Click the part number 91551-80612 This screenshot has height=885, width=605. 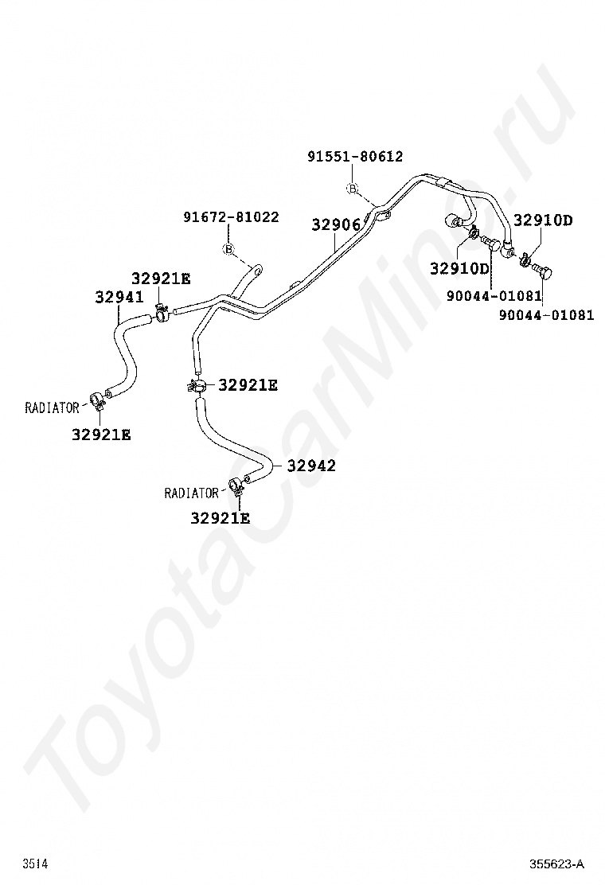pos(355,157)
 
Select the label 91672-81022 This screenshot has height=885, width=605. pos(231,216)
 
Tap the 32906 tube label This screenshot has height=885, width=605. pos(335,225)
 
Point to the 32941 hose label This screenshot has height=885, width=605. pos(119,298)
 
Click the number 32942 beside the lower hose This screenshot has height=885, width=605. pos(311,466)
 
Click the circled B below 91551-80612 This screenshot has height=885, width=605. pos(353,189)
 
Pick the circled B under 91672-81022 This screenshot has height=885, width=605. pos(228,250)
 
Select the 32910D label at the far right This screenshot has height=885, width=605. pos(542,220)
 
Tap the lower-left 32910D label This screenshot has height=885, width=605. pos(459,268)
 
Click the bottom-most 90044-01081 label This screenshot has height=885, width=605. pos(546,314)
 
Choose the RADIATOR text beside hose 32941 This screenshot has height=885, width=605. pos(53,408)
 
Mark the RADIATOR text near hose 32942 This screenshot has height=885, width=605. pos(191,493)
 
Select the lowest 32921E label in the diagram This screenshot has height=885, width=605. pos(220,518)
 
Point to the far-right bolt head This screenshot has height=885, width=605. pos(545,273)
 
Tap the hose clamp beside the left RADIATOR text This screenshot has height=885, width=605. pos(96,399)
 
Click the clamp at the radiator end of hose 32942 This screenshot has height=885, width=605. pos(236,485)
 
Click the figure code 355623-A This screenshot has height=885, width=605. pos(557,864)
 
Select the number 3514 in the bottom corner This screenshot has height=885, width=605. pos(34,864)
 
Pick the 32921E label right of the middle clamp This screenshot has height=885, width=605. pos(248,385)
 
